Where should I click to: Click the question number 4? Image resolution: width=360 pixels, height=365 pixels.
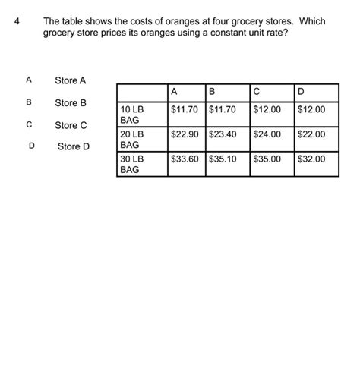[17, 22]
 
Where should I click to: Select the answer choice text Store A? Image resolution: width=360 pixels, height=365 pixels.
[71, 80]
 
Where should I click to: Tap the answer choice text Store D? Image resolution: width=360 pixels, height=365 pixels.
[74, 146]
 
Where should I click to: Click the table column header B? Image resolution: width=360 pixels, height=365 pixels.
[212, 93]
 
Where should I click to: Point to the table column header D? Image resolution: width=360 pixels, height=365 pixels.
[302, 93]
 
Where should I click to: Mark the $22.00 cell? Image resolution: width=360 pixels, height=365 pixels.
[311, 134]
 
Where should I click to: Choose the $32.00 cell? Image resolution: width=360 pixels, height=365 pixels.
[311, 159]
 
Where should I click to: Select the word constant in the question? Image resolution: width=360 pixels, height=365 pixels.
[221, 35]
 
